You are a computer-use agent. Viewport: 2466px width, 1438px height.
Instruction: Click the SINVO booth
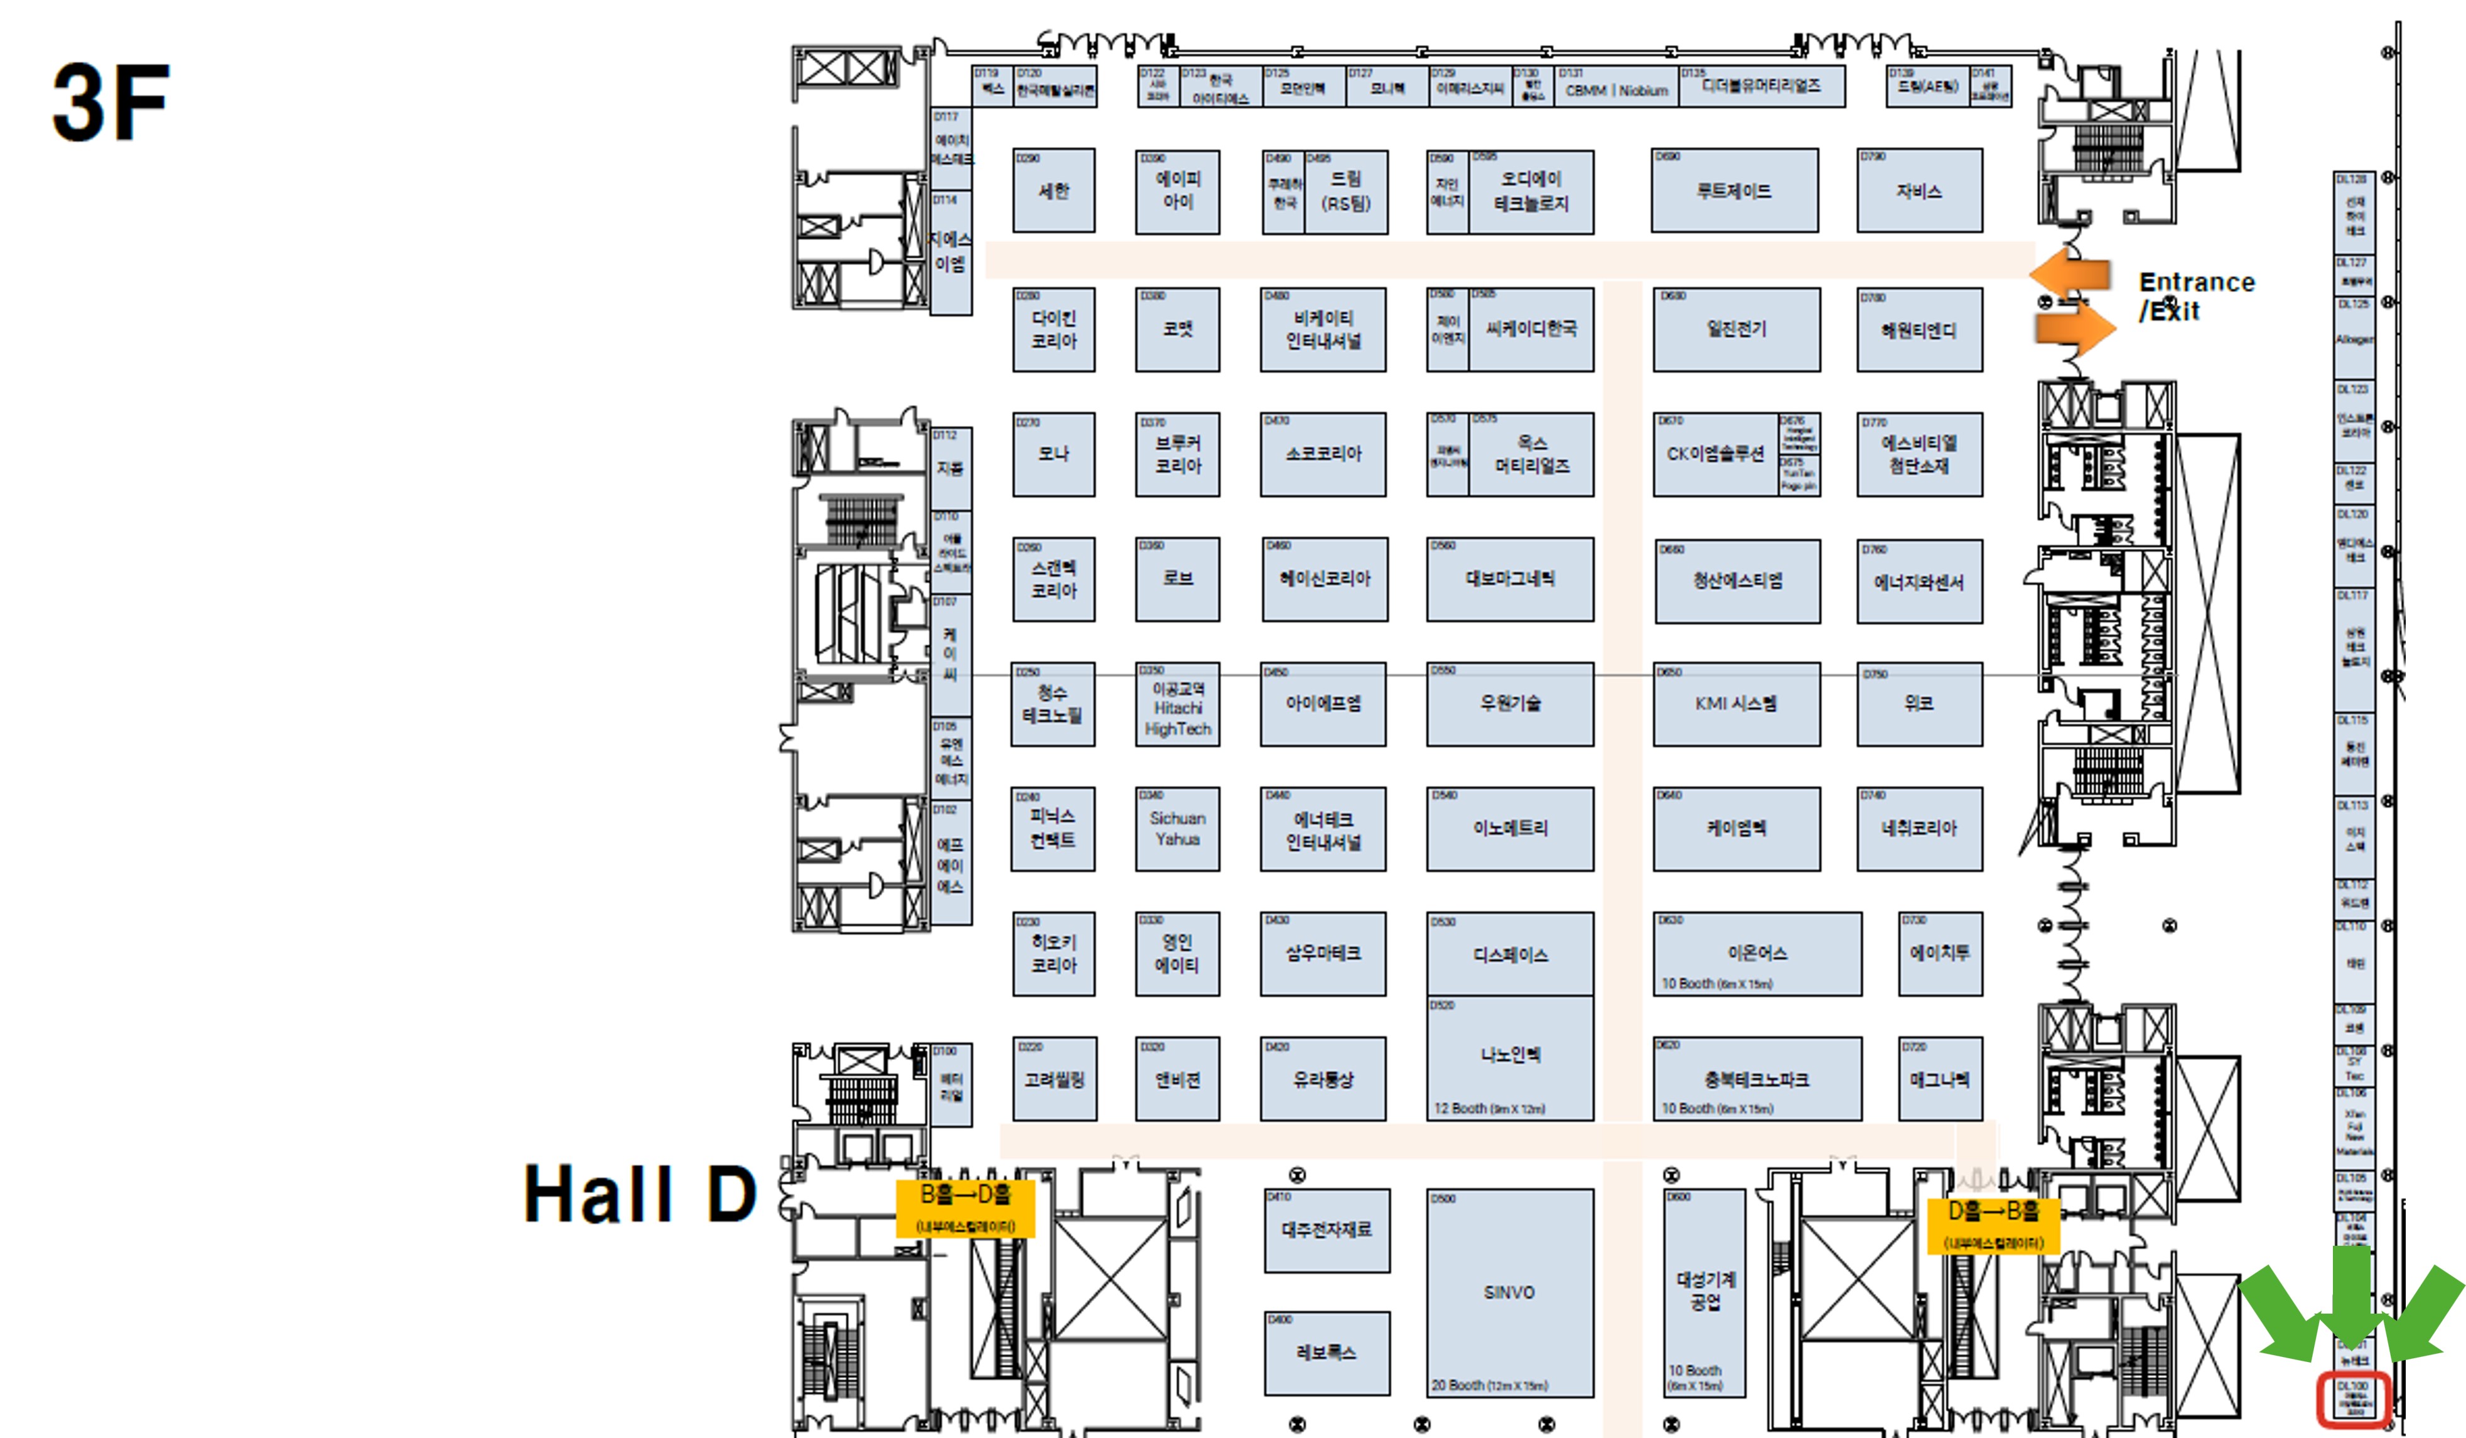(1509, 1292)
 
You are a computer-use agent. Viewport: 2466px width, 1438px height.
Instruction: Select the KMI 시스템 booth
(1736, 704)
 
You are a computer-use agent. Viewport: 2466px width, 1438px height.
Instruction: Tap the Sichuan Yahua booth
(1177, 828)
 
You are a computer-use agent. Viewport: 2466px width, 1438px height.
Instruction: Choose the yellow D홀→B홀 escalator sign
(1993, 1224)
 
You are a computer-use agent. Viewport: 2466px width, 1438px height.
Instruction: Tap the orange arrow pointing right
(2076, 329)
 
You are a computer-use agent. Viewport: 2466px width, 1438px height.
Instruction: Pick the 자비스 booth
(1919, 191)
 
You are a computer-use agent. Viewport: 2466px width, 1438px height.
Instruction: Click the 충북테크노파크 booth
(1757, 1079)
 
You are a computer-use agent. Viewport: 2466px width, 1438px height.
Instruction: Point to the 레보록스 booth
(1326, 1353)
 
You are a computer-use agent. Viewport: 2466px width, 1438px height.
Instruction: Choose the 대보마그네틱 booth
(1509, 579)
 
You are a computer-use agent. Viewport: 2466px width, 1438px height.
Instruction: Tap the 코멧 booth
(1177, 329)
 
